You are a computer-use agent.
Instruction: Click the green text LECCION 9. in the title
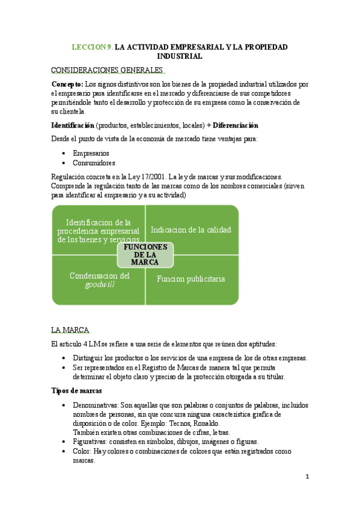[92, 46]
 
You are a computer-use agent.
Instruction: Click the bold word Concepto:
[68, 84]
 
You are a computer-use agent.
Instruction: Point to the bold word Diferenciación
[235, 125]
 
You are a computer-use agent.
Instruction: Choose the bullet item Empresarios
[91, 153]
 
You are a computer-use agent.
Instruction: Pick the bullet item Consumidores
[94, 162]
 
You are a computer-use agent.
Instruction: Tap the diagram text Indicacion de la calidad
[191, 230]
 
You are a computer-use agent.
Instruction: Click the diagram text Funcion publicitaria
[191, 278]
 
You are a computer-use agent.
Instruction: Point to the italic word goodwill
[100, 285]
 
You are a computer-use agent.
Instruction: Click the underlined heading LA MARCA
[70, 330]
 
